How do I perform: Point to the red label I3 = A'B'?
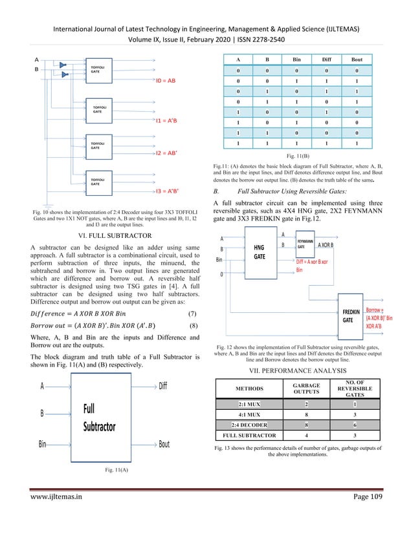(x=168, y=191)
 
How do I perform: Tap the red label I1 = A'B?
(x=166, y=120)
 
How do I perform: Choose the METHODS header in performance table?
(x=245, y=389)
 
